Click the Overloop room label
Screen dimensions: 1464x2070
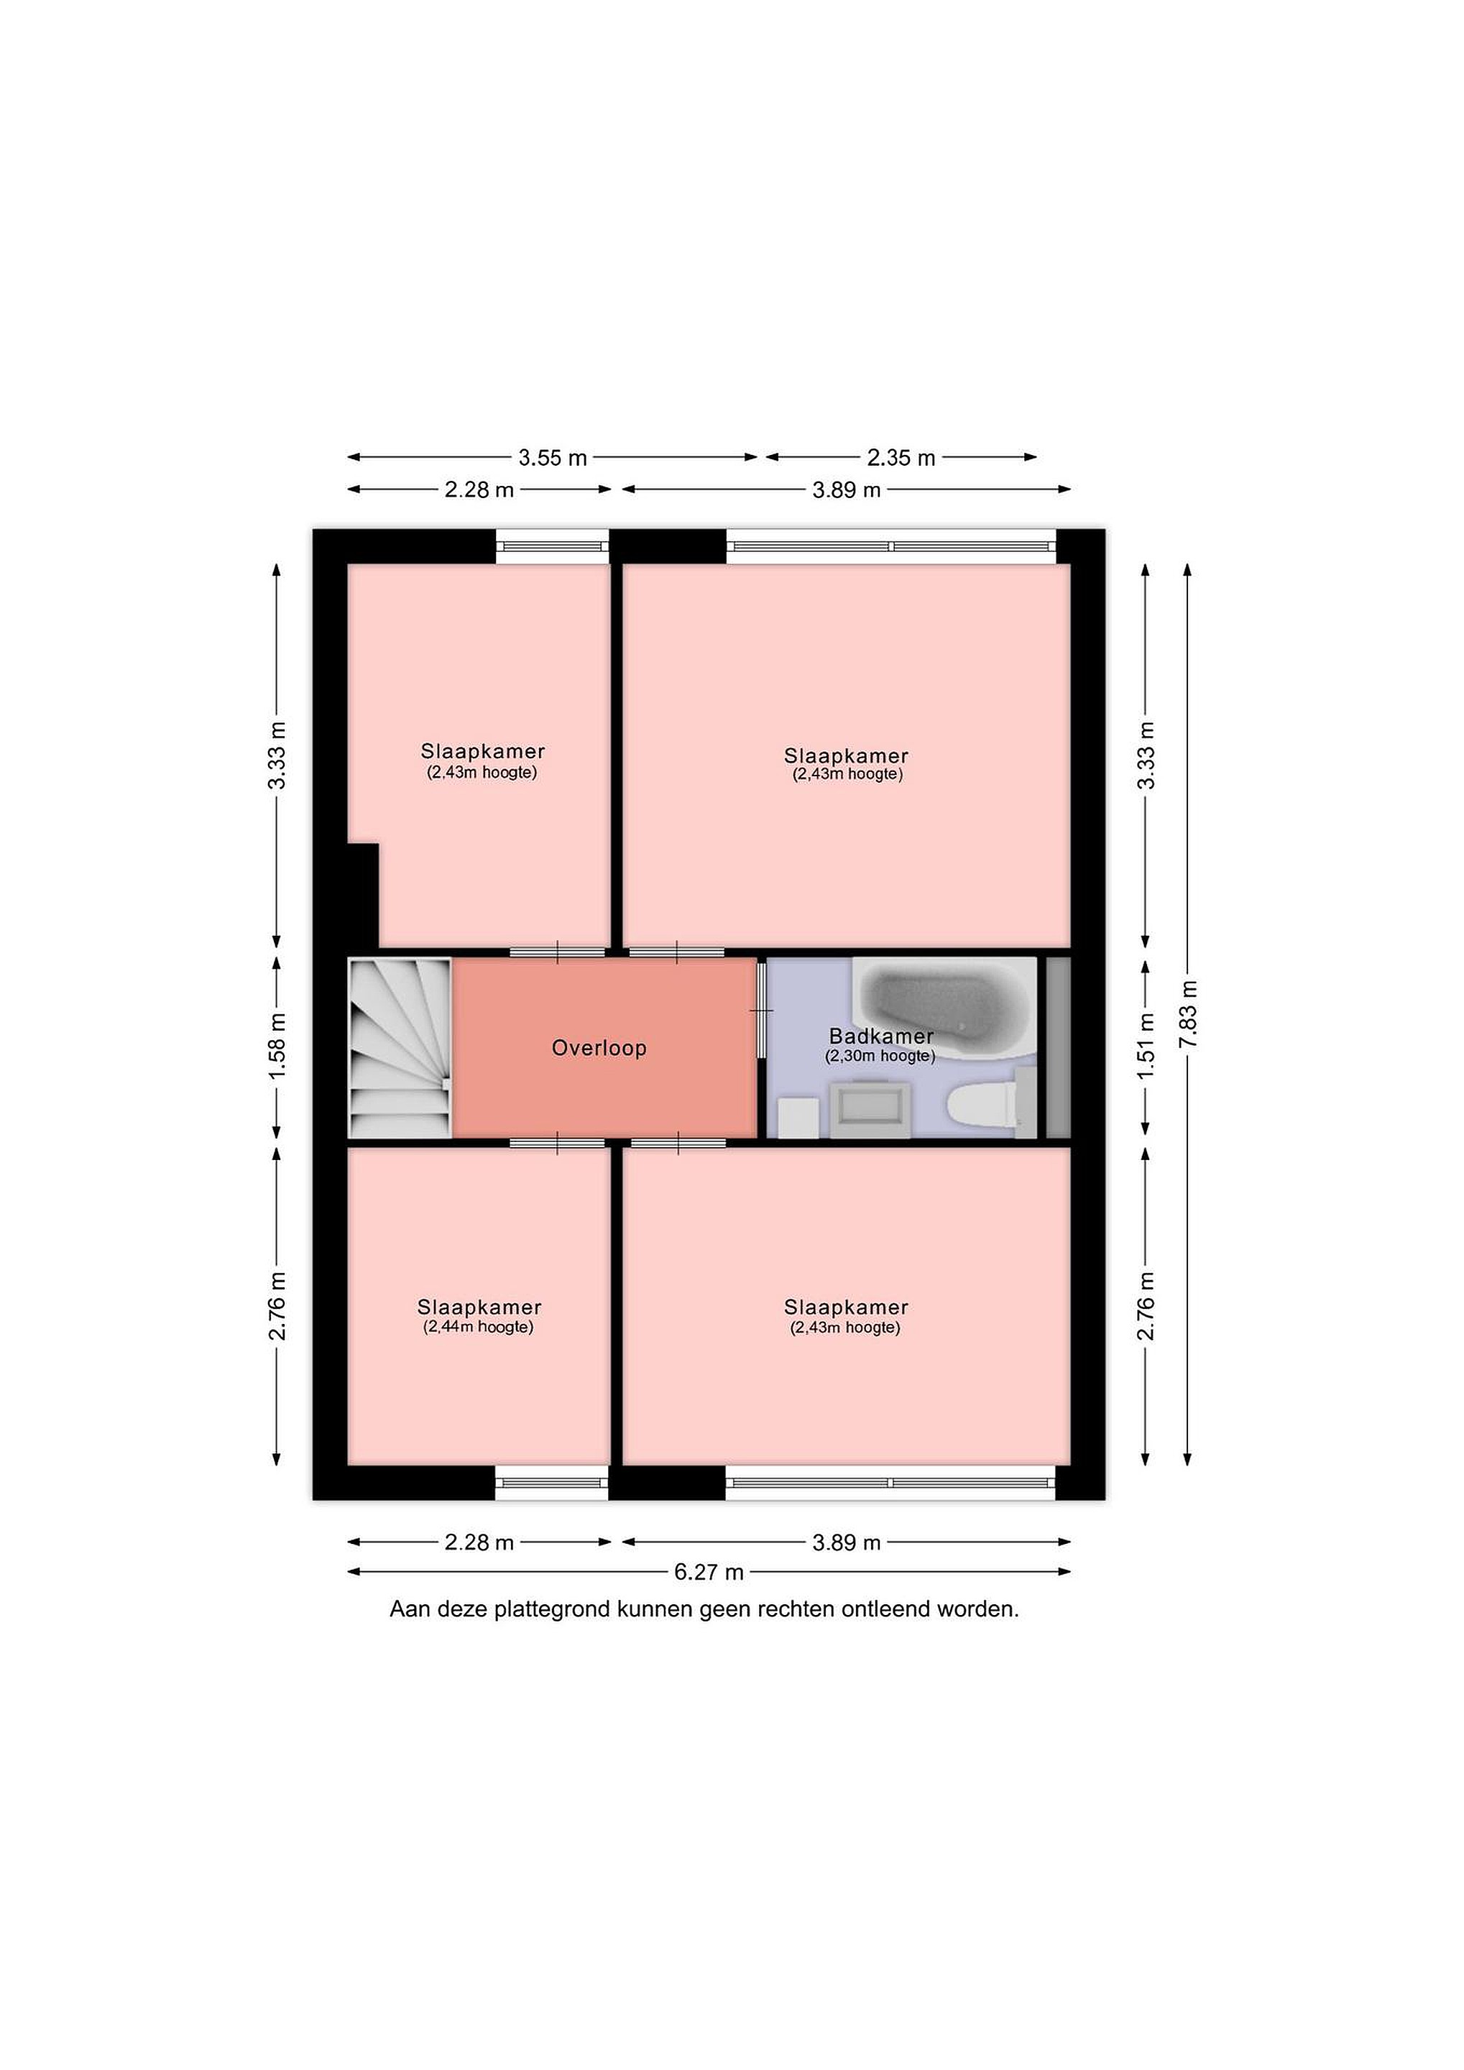click(599, 1048)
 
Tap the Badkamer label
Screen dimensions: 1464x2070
click(880, 1037)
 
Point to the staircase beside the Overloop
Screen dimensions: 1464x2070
click(400, 1048)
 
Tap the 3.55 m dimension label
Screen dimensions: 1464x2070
click(553, 458)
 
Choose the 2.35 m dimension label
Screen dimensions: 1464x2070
click(901, 458)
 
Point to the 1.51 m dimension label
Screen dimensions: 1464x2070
click(1146, 1046)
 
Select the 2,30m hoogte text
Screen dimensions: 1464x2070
click(880, 1056)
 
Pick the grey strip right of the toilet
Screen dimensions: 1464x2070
click(1057, 1048)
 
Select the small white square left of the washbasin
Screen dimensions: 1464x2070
click(798, 1118)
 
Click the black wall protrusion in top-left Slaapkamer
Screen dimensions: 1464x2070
click(363, 896)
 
